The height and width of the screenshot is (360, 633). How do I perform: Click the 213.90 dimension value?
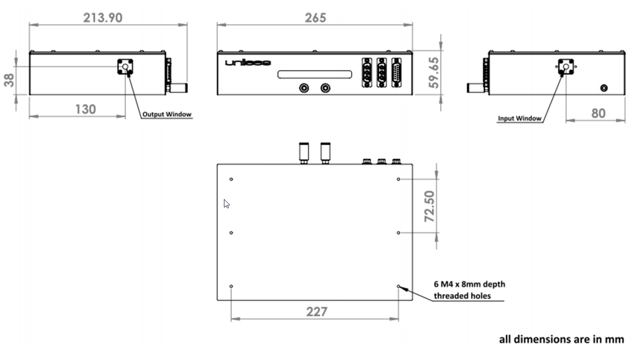point(103,18)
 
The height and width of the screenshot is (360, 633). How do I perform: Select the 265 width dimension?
point(316,18)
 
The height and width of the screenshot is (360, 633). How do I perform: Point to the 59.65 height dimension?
point(434,73)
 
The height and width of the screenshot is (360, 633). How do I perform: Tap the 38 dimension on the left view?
point(9,80)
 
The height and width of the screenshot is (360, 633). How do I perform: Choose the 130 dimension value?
point(85,109)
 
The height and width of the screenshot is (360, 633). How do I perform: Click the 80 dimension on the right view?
point(598,113)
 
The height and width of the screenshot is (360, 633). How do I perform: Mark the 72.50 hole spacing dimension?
point(430,206)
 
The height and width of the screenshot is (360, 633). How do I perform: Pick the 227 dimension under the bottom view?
point(316,312)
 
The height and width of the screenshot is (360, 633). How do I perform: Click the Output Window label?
point(167,115)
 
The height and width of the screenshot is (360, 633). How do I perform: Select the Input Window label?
point(520,118)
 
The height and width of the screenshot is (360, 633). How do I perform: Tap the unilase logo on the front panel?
point(248,63)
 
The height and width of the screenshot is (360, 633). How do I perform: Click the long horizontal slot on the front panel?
point(315,74)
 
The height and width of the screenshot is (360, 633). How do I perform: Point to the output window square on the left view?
point(125,67)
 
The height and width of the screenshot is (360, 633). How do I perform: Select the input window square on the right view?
point(565,67)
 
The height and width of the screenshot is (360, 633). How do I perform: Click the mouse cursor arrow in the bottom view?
point(226,203)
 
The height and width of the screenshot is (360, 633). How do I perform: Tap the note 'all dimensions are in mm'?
point(561,339)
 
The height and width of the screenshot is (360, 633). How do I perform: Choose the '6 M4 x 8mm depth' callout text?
point(469,284)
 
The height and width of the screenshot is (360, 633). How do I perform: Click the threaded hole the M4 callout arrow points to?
point(399,286)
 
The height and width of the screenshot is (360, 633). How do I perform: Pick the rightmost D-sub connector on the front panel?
point(396,73)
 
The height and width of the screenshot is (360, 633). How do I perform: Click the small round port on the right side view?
point(604,88)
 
